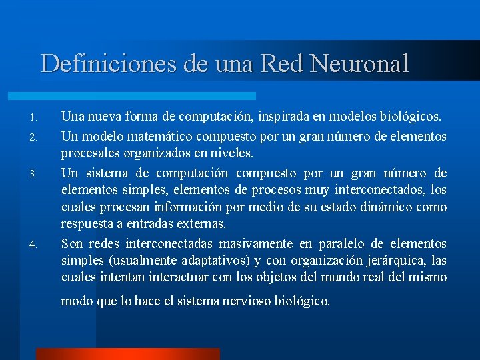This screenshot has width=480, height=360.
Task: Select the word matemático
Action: click(x=150, y=136)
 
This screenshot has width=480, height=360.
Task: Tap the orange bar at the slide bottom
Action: click(x=127, y=354)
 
